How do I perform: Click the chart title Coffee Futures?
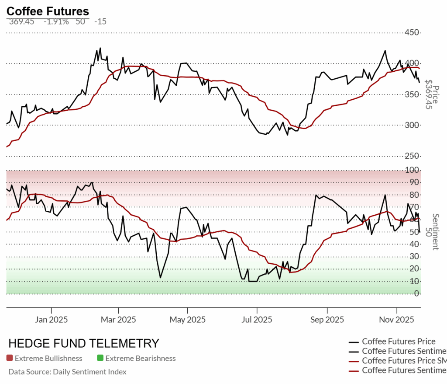[x=48, y=11]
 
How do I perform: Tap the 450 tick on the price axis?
[x=412, y=33]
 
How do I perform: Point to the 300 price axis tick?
[x=412, y=126]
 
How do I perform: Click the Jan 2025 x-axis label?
[x=51, y=320]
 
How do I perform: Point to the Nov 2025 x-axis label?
[x=396, y=320]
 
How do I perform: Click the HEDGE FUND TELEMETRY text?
[x=84, y=343]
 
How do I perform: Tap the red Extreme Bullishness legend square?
[x=10, y=358]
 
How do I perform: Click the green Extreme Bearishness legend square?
[x=100, y=358]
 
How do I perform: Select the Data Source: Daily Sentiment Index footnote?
[x=67, y=372]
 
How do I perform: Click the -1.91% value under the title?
[x=56, y=21]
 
